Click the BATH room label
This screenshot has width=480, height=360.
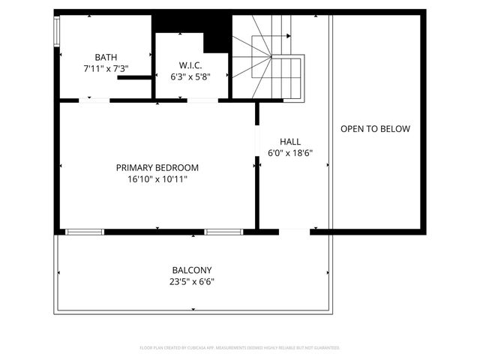pos(105,57)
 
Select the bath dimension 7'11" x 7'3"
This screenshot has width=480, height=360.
pos(105,68)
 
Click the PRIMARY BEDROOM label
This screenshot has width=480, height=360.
pos(157,167)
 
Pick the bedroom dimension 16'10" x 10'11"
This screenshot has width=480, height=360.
pos(157,179)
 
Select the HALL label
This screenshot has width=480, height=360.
pos(289,141)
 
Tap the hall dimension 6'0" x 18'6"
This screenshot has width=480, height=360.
pos(289,153)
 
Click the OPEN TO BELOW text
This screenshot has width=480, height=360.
pos(375,128)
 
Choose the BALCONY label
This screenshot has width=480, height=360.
pos(192,270)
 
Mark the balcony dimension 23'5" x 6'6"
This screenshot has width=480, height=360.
pos(192,282)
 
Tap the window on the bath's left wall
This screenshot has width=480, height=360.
pos(56,31)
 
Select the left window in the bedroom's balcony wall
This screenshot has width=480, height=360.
pos(84,232)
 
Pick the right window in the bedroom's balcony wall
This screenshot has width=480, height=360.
pos(224,232)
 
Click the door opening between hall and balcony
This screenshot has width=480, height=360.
pos(295,232)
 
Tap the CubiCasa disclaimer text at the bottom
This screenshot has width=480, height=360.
pos(240,348)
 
